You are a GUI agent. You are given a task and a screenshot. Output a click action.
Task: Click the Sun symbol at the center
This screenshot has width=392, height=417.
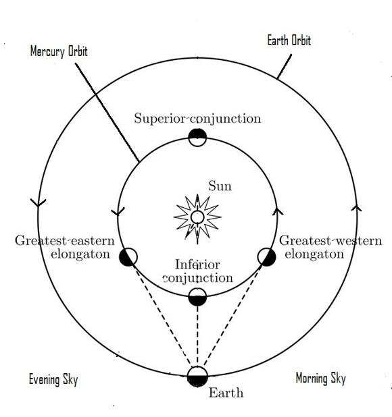[197, 218]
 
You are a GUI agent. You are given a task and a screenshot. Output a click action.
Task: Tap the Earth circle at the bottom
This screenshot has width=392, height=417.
[197, 376]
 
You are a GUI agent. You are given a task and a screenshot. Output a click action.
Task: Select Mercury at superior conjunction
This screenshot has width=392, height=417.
[197, 137]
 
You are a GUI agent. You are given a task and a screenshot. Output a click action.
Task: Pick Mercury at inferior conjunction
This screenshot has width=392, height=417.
[197, 297]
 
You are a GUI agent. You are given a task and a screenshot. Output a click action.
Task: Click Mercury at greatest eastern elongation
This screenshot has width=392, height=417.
[128, 257]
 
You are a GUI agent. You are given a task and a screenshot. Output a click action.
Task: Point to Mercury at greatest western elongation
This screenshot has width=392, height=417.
[266, 257]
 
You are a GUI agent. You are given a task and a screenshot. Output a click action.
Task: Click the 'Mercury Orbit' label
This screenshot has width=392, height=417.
[59, 51]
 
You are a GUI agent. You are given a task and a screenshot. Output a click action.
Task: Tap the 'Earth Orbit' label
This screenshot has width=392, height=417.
[289, 40]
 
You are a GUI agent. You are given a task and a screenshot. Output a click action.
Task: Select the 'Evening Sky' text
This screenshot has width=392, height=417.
[53, 379]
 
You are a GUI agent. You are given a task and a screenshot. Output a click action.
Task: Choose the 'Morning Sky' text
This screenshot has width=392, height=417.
[320, 378]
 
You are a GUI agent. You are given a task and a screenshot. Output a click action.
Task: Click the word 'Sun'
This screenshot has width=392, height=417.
[220, 186]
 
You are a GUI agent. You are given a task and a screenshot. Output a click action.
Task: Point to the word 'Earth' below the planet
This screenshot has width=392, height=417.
[226, 393]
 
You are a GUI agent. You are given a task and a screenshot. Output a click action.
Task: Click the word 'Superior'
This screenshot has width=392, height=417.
[161, 119]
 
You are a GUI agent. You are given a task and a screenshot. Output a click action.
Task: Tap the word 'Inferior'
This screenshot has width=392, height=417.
[197, 265]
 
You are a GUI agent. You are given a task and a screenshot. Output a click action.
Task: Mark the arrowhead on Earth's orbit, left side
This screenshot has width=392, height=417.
[38, 202]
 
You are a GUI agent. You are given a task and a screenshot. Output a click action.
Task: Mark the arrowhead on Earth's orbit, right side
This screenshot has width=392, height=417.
[356, 208]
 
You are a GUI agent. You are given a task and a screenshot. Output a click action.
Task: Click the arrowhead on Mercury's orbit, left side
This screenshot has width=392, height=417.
[118, 212]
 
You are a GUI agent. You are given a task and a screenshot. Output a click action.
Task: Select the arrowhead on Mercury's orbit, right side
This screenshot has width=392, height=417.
[278, 211]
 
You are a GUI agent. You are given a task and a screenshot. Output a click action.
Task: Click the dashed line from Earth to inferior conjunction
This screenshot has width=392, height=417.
[197, 336]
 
